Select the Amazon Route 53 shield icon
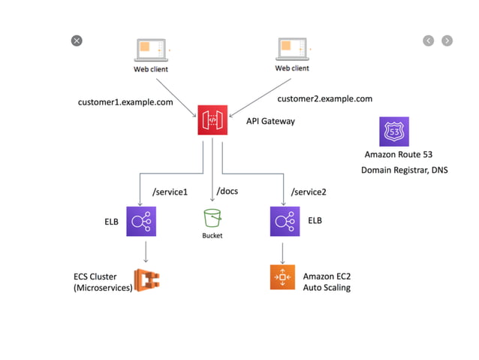tap(395, 131)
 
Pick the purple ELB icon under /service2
tap(285, 222)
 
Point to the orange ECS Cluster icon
tap(147, 280)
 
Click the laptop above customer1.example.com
tap(150, 51)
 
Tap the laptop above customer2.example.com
tap(292, 50)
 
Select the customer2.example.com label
tap(324, 98)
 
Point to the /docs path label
tap(227, 191)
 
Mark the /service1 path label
tap(169, 192)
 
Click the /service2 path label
tap(309, 192)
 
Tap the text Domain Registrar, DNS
tap(404, 170)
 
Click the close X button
tap(77, 41)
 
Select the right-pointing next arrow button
tap(447, 41)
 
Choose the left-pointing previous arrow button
tap(429, 41)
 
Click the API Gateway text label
tap(271, 121)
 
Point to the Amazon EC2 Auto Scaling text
tap(327, 282)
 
